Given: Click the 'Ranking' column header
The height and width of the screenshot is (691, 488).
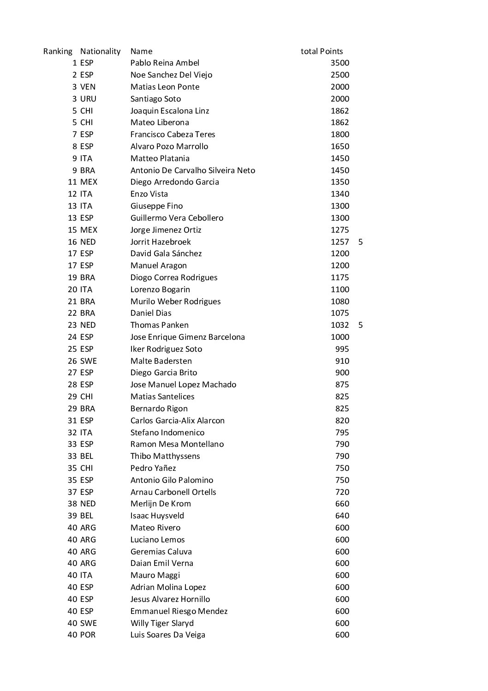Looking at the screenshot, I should click(x=58, y=51).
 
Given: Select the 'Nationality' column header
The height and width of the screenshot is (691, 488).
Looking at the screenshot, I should click(x=100, y=51).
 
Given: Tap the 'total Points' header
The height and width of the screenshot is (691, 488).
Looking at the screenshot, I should click(x=321, y=51).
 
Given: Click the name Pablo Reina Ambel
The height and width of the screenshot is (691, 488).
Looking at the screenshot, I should click(x=165, y=63).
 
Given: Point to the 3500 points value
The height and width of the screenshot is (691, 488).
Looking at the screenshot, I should click(x=340, y=63).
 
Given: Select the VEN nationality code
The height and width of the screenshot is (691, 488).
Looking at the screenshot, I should click(x=88, y=87).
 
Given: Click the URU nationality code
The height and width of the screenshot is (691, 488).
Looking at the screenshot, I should click(x=88, y=99).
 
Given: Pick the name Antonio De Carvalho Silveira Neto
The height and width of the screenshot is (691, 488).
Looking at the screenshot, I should click(x=192, y=170).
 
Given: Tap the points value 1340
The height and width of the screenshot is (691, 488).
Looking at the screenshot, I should click(x=340, y=194).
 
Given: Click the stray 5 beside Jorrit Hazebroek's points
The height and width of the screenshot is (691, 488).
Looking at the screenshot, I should click(x=360, y=242).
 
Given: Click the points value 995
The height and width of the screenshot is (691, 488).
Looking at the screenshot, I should click(x=342, y=349).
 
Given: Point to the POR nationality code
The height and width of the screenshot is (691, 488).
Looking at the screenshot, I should click(x=88, y=635).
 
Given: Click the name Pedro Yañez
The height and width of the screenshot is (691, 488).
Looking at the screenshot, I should click(x=153, y=468).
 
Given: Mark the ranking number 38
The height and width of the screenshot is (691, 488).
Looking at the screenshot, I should click(x=72, y=504).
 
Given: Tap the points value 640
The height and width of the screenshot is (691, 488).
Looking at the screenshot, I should click(x=342, y=516).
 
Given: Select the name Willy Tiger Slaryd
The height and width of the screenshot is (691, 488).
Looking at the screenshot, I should click(x=162, y=623).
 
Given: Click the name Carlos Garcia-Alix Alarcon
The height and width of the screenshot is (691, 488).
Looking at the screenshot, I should click(x=177, y=421).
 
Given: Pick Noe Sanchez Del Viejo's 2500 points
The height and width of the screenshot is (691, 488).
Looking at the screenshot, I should click(x=340, y=75).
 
